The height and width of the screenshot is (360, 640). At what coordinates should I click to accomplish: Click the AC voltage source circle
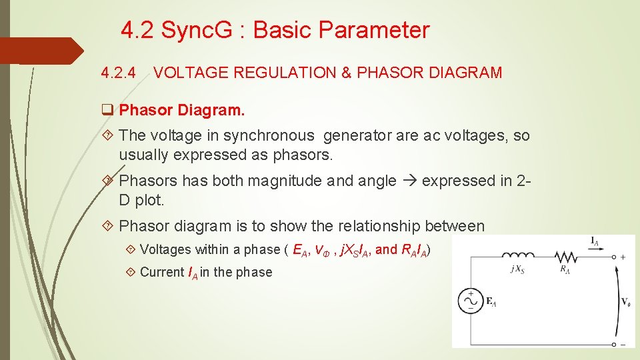[x=470, y=301]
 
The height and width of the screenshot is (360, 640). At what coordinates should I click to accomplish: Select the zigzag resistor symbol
[x=565, y=256]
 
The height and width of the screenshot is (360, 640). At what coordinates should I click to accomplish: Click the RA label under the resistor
[x=564, y=269]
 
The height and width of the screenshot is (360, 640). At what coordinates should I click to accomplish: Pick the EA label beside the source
[x=491, y=302]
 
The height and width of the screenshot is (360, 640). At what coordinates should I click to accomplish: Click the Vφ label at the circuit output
[x=626, y=301]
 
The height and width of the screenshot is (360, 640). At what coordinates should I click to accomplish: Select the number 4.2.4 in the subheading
[x=118, y=73]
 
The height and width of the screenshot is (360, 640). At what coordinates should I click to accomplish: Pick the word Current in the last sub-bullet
[x=162, y=272]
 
